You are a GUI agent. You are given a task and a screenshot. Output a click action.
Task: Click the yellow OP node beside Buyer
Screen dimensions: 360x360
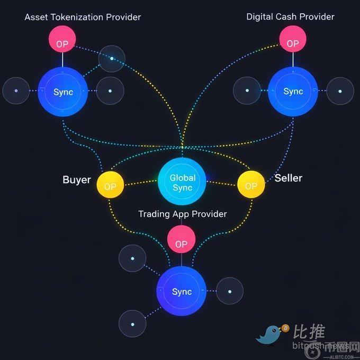click(111, 186)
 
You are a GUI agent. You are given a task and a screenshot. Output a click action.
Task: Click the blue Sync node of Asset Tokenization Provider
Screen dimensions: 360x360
click(63, 92)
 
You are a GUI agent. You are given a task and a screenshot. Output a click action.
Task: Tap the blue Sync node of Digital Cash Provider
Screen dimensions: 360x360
click(293, 91)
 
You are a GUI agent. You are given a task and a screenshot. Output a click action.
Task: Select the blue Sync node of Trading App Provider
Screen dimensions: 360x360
click(182, 291)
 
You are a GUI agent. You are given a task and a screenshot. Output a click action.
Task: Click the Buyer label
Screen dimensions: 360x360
click(77, 179)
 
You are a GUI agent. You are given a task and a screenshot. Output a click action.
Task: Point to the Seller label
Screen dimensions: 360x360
click(288, 178)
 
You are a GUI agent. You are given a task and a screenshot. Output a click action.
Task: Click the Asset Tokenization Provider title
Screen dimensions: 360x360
click(83, 17)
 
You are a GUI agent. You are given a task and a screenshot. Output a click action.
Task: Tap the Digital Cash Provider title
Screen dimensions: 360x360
click(290, 16)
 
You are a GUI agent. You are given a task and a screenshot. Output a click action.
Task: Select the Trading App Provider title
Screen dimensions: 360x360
click(182, 214)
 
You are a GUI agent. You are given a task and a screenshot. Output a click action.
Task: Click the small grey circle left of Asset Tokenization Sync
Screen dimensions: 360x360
click(16, 91)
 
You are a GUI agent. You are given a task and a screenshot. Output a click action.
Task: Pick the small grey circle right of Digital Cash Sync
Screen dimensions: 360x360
click(340, 91)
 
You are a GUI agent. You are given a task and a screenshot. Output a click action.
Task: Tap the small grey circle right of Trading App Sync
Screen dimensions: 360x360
click(229, 291)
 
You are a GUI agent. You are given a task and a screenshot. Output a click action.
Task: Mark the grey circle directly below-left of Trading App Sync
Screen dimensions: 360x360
click(132, 324)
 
